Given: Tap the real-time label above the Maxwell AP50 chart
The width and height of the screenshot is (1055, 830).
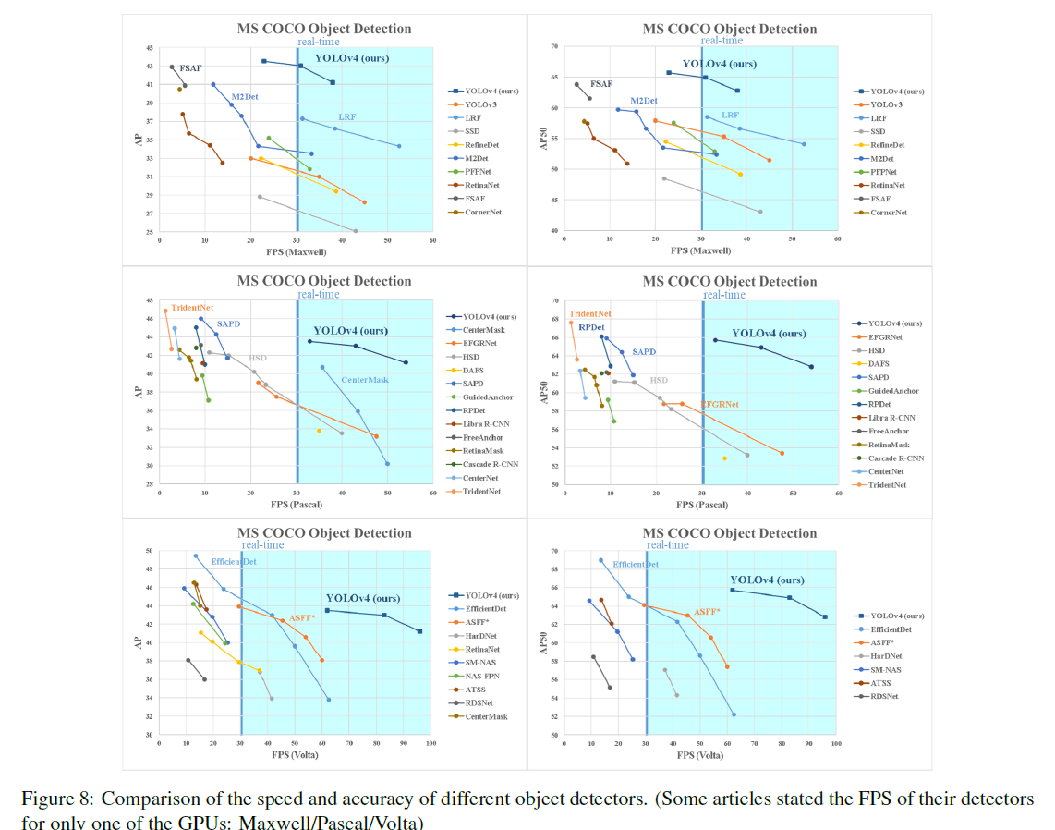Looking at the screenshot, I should [722, 41].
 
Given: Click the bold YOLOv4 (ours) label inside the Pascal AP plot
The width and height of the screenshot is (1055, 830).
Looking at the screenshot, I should [350, 330].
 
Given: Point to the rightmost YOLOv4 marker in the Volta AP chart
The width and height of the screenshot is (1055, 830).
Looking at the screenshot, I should [420, 631].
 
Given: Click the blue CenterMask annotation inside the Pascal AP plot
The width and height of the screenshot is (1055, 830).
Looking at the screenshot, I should [365, 380].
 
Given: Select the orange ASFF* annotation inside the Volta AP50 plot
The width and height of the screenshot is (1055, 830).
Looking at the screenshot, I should [707, 612].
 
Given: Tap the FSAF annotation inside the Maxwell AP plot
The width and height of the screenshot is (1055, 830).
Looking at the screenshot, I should [190, 67].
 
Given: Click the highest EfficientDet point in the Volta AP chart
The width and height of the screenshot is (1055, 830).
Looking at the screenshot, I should [196, 556].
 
